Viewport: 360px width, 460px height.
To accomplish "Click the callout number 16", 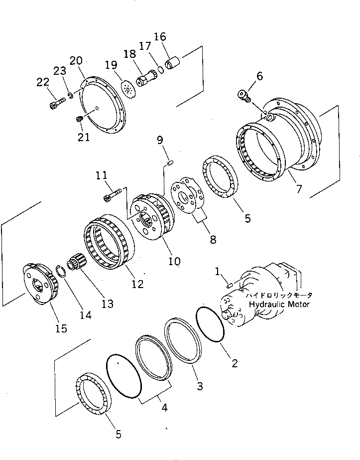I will (x=160, y=37).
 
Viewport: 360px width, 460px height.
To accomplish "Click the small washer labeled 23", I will (x=71, y=95).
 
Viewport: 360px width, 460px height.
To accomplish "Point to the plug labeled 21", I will (x=79, y=119).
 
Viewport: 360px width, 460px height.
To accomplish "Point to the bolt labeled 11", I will (x=113, y=197).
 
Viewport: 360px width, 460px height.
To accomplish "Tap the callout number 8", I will (x=213, y=239).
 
